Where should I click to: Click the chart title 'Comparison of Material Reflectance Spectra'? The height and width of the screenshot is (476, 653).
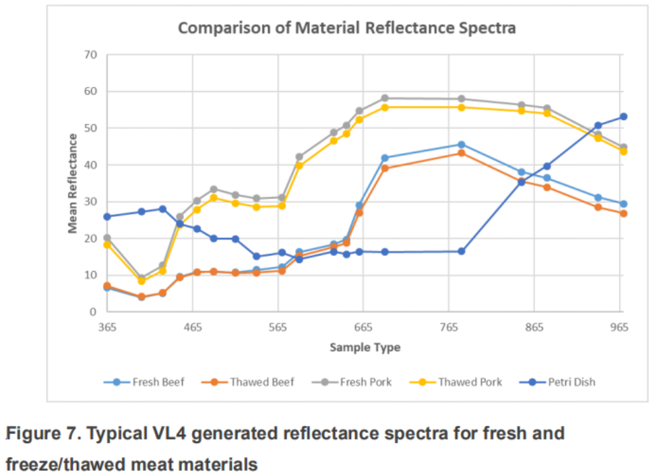pyautogui.click(x=346, y=28)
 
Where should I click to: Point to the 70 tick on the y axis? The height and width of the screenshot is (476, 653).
pyautogui.click(x=90, y=55)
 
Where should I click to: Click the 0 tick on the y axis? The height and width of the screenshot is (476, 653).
pyautogui.click(x=93, y=312)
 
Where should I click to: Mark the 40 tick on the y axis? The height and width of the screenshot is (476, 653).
pyautogui.click(x=90, y=165)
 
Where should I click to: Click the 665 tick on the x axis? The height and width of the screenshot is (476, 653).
pyautogui.click(x=363, y=327)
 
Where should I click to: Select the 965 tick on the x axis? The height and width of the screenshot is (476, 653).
pyautogui.click(x=619, y=327)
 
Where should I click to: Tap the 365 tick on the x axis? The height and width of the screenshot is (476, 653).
pyautogui.click(x=107, y=327)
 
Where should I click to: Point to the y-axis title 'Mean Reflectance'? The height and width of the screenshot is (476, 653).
pyautogui.click(x=73, y=183)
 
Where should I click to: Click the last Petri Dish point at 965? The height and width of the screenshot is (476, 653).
pyautogui.click(x=623, y=117)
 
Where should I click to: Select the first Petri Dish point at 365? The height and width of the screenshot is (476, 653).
pyautogui.click(x=107, y=216)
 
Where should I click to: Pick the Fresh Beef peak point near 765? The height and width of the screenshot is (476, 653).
pyautogui.click(x=462, y=144)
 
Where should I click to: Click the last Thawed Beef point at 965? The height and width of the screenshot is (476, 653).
pyautogui.click(x=623, y=214)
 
